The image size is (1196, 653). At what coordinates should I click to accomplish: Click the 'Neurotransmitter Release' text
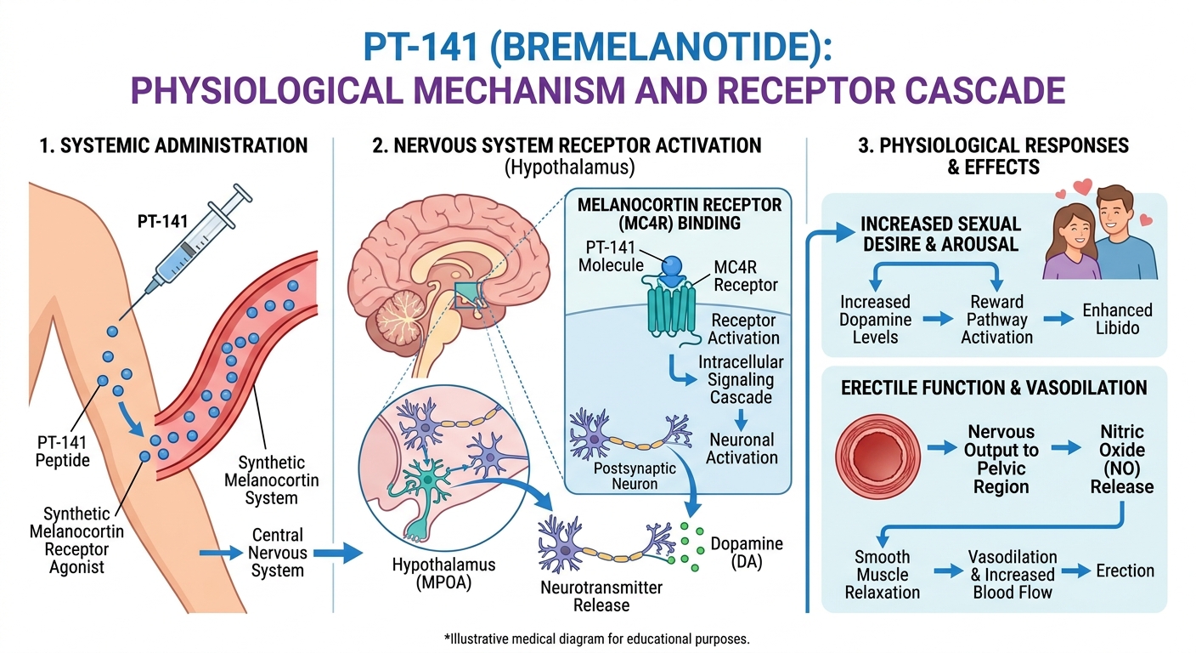[x=601, y=596]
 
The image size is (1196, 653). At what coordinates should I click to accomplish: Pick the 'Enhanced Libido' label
[x=1116, y=320]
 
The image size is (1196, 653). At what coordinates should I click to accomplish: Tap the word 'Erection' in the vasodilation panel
[x=1125, y=570]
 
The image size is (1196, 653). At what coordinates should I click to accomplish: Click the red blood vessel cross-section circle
[x=872, y=449]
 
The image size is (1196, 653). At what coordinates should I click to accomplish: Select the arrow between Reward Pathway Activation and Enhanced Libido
[x=1058, y=320]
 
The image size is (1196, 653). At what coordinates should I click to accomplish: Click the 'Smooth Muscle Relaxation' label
[x=882, y=575]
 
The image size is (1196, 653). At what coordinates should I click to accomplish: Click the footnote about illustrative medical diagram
[x=597, y=638]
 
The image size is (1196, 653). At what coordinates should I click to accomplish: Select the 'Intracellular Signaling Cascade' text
[x=740, y=380]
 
